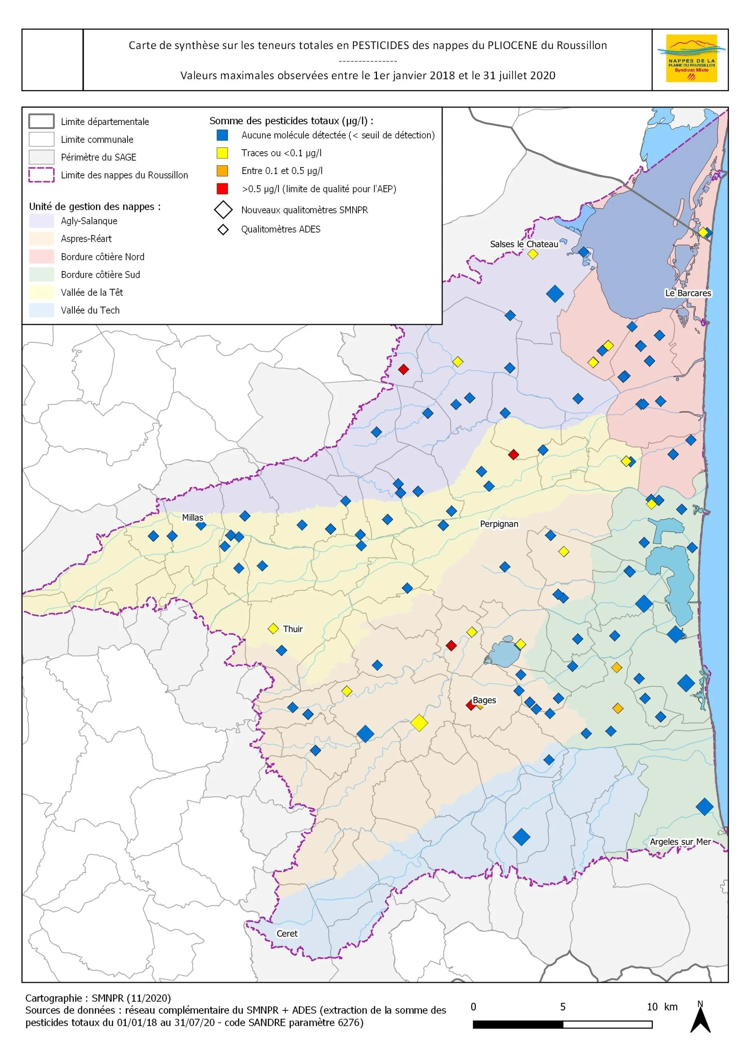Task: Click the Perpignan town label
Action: tap(499, 524)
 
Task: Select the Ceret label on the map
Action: tap(287, 933)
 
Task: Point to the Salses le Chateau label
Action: tap(524, 244)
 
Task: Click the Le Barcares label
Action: tap(688, 293)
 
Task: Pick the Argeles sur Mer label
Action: tap(680, 841)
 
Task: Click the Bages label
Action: tap(484, 700)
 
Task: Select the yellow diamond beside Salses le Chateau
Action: tap(533, 254)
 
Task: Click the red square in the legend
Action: tap(222, 189)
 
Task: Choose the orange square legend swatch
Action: tap(222, 171)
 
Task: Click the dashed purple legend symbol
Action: tap(41, 175)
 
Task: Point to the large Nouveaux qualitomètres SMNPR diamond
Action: tap(223, 209)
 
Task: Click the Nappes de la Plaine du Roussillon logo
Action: tap(691, 59)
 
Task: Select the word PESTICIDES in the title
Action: tap(380, 45)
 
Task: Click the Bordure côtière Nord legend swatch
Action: tap(41, 256)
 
